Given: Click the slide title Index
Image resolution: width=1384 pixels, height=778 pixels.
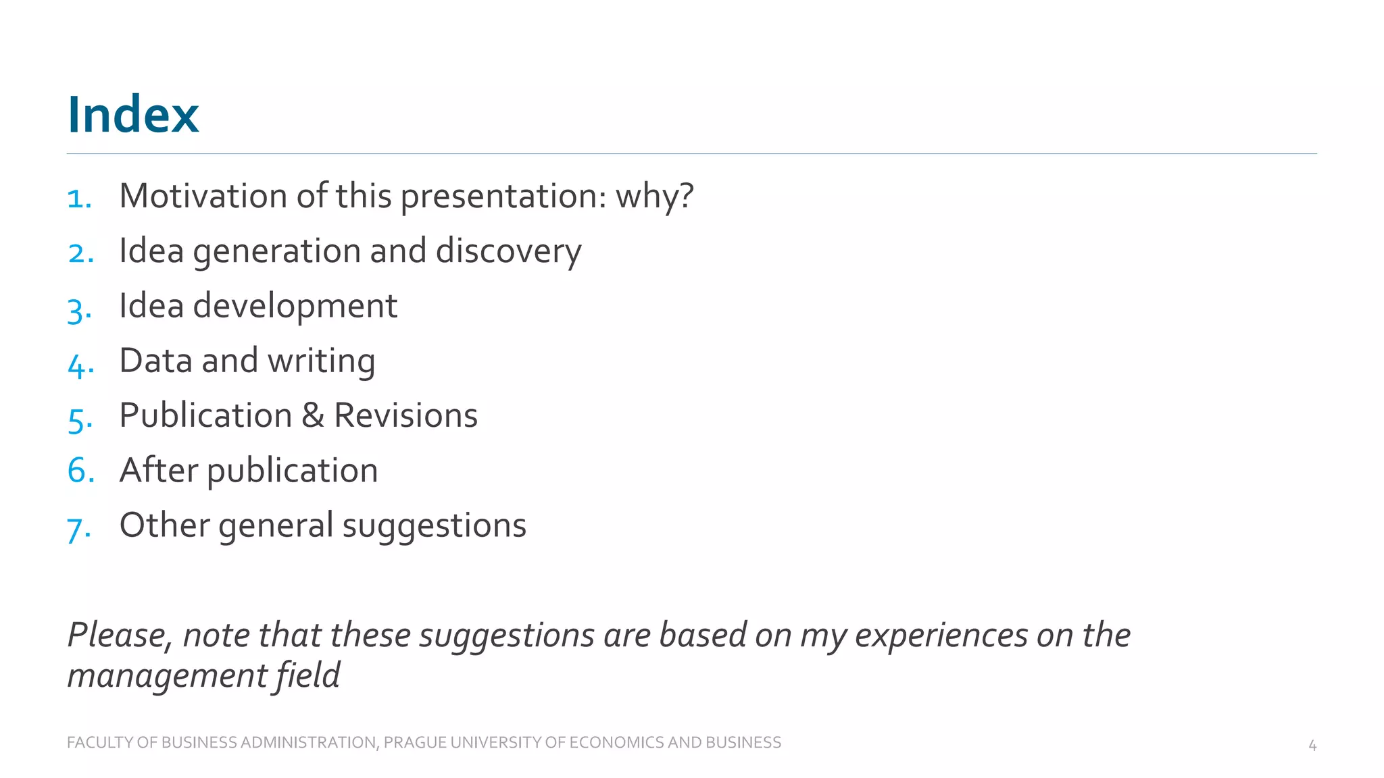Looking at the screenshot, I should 133,115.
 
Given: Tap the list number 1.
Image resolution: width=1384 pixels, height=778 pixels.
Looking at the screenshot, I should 78,199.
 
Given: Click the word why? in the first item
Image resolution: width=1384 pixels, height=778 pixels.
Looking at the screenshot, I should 654,197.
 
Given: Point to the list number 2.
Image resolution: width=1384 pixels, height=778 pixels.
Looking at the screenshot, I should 80,253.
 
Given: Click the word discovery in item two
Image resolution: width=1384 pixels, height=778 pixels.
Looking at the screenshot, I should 508,252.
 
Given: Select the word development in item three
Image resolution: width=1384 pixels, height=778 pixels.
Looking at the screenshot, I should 295,307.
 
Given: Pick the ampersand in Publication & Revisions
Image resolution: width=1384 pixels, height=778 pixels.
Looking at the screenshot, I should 312,415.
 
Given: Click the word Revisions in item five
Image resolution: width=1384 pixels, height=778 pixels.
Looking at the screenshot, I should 405,415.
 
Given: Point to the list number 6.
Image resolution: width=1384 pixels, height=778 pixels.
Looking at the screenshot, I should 80,470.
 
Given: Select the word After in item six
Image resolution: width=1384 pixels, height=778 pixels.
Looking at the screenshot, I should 158,470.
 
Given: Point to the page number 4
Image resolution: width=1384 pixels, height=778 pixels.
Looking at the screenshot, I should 1312,746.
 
